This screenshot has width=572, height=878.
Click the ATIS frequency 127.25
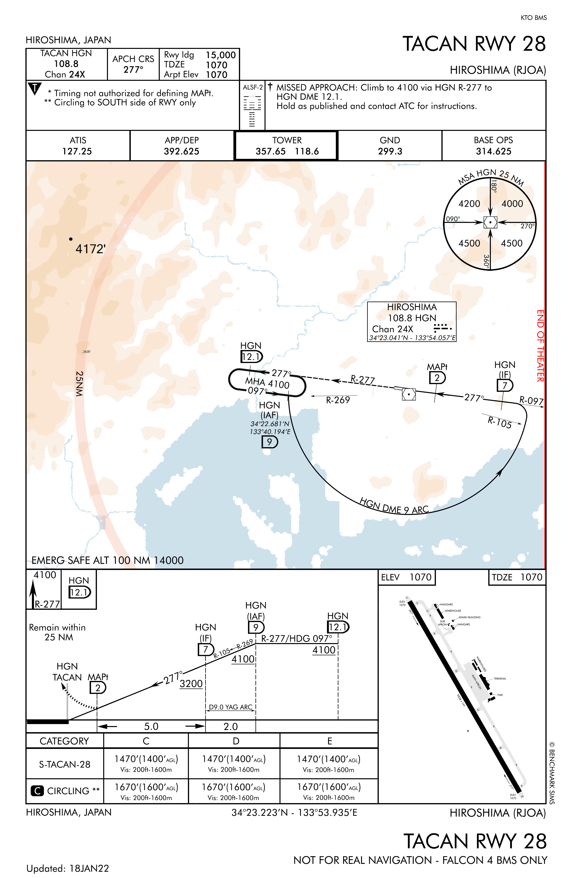(77, 151)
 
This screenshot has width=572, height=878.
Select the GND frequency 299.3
(390, 151)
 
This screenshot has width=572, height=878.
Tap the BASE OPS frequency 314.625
(493, 151)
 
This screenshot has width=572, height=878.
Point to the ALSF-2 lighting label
(253, 88)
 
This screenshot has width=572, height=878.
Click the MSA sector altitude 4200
(469, 204)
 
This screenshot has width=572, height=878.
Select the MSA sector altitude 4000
(512, 204)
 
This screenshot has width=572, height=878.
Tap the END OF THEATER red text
(540, 346)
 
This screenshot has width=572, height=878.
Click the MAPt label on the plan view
(437, 367)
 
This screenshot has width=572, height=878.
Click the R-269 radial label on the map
(338, 400)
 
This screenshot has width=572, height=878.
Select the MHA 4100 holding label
(267, 383)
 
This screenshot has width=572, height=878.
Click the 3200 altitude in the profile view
(191, 684)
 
